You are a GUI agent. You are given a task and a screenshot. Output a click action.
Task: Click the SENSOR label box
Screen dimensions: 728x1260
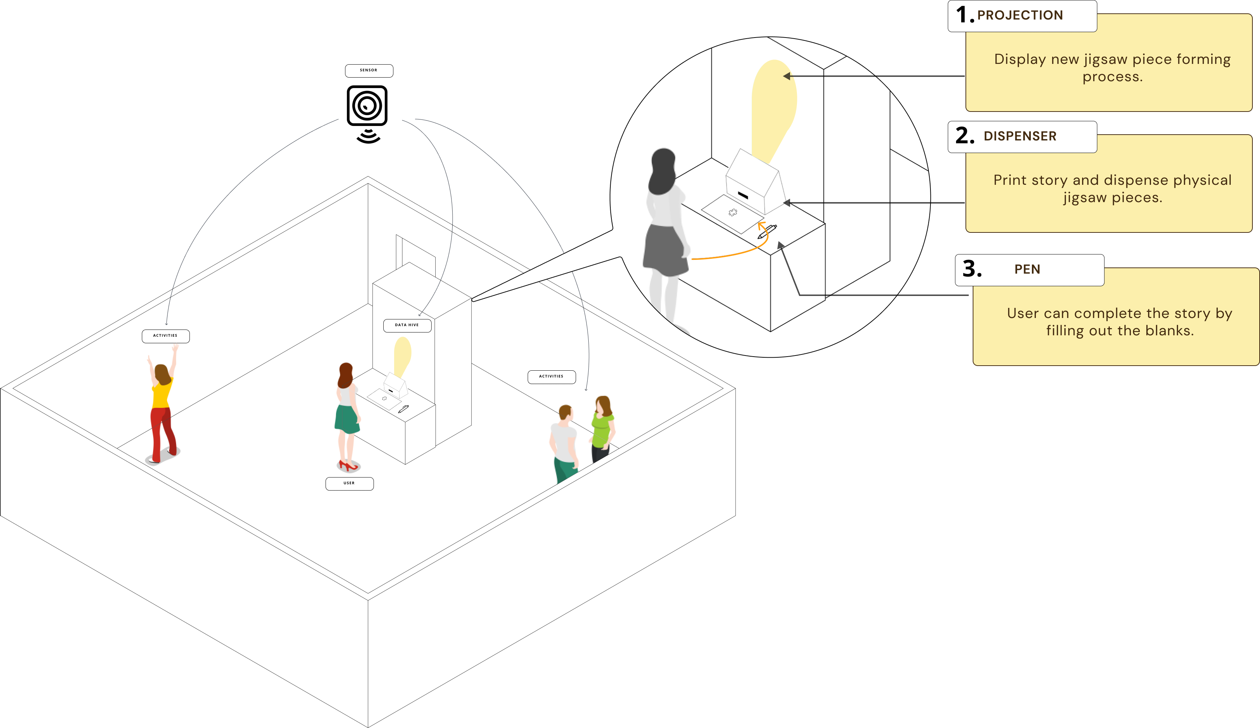[x=369, y=70]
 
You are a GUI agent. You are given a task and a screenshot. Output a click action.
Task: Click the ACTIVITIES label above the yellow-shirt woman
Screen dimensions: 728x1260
[x=166, y=336]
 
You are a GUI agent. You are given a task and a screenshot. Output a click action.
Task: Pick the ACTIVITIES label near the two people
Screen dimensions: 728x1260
[x=551, y=376]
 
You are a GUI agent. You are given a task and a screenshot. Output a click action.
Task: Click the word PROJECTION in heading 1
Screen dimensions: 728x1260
[x=1020, y=16]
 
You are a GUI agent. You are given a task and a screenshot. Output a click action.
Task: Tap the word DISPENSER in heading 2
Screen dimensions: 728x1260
[x=1020, y=136]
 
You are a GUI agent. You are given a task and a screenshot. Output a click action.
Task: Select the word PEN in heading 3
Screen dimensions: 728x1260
[x=1027, y=270]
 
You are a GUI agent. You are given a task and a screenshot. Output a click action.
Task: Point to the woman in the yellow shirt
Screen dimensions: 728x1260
[x=162, y=405]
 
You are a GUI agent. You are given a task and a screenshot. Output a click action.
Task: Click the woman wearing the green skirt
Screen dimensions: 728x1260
[x=347, y=415]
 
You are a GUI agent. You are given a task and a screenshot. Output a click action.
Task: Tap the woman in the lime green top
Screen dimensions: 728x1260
[x=602, y=427]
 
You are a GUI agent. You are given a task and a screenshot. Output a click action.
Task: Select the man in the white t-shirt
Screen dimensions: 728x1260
[x=564, y=443]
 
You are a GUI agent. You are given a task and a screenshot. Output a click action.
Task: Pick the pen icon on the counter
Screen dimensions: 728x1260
[x=767, y=231]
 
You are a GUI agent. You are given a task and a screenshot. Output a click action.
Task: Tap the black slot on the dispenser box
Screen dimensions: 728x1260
[x=743, y=195]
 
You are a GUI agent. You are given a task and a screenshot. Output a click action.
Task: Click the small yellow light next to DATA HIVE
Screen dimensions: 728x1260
[x=402, y=355]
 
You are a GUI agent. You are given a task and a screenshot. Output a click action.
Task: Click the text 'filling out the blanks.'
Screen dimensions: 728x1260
[x=1120, y=331]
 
